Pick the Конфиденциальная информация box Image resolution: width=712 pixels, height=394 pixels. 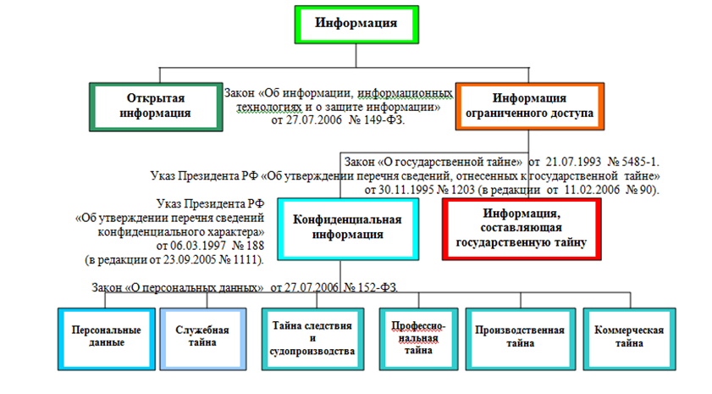[347, 226]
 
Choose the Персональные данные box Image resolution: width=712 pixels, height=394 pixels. [99, 336]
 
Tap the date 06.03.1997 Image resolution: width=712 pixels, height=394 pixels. [196, 244]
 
